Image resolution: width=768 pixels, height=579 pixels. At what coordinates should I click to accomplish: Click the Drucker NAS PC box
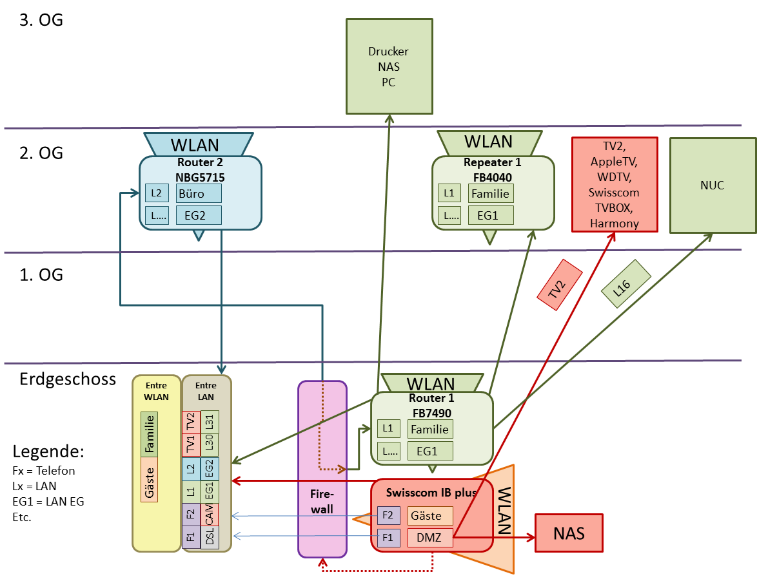[388, 66]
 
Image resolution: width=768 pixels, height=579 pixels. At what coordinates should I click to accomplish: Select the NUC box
[713, 185]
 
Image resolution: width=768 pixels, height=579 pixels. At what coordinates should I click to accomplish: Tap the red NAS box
[569, 533]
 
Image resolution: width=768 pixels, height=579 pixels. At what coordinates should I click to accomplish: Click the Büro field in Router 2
[199, 193]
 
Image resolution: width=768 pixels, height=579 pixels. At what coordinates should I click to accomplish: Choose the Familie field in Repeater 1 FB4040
[491, 193]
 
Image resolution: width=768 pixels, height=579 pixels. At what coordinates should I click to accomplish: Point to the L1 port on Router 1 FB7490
[388, 428]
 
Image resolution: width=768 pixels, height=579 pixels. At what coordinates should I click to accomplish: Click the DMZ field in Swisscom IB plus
[430, 538]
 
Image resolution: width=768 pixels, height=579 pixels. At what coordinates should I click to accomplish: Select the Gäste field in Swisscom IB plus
[430, 516]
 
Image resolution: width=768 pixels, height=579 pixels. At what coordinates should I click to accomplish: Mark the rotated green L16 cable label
[625, 283]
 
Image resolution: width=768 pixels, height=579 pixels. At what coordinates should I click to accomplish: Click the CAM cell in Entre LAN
[210, 515]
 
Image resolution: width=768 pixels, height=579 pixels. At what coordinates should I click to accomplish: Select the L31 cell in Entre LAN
[210, 422]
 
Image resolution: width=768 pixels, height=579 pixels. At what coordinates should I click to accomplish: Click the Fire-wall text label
[322, 501]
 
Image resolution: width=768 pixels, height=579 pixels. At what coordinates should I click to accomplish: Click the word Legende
[49, 451]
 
